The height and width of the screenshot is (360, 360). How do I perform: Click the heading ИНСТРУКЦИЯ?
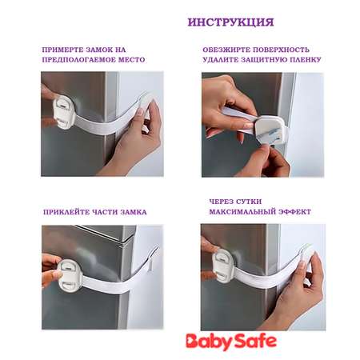230,22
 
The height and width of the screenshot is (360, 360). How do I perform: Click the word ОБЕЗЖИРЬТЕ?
226,50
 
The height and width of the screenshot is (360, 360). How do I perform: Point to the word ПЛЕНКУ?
306,60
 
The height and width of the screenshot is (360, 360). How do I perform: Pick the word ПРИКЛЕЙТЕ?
66,212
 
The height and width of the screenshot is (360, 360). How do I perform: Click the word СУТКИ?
248,202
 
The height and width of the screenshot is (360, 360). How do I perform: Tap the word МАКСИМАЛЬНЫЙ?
242,212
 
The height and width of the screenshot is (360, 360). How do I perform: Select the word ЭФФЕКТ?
294,212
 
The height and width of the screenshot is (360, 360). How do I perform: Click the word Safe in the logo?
255,341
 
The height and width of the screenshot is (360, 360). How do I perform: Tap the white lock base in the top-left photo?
64,112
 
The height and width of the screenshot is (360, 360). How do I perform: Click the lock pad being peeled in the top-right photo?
270,130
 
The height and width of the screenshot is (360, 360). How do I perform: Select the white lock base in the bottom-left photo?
69,275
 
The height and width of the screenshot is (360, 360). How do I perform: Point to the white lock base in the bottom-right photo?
224,266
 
